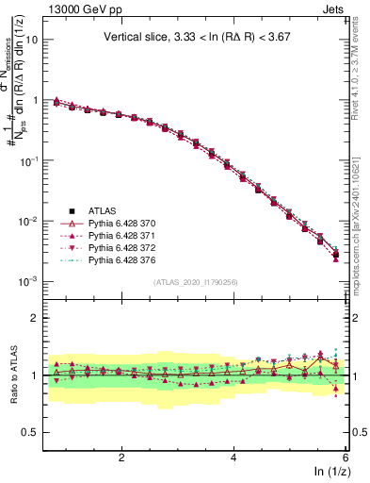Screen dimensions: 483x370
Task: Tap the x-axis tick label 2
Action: tap(121, 458)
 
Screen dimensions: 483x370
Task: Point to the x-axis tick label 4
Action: tap(233, 458)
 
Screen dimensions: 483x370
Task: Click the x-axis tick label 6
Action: tap(345, 458)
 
